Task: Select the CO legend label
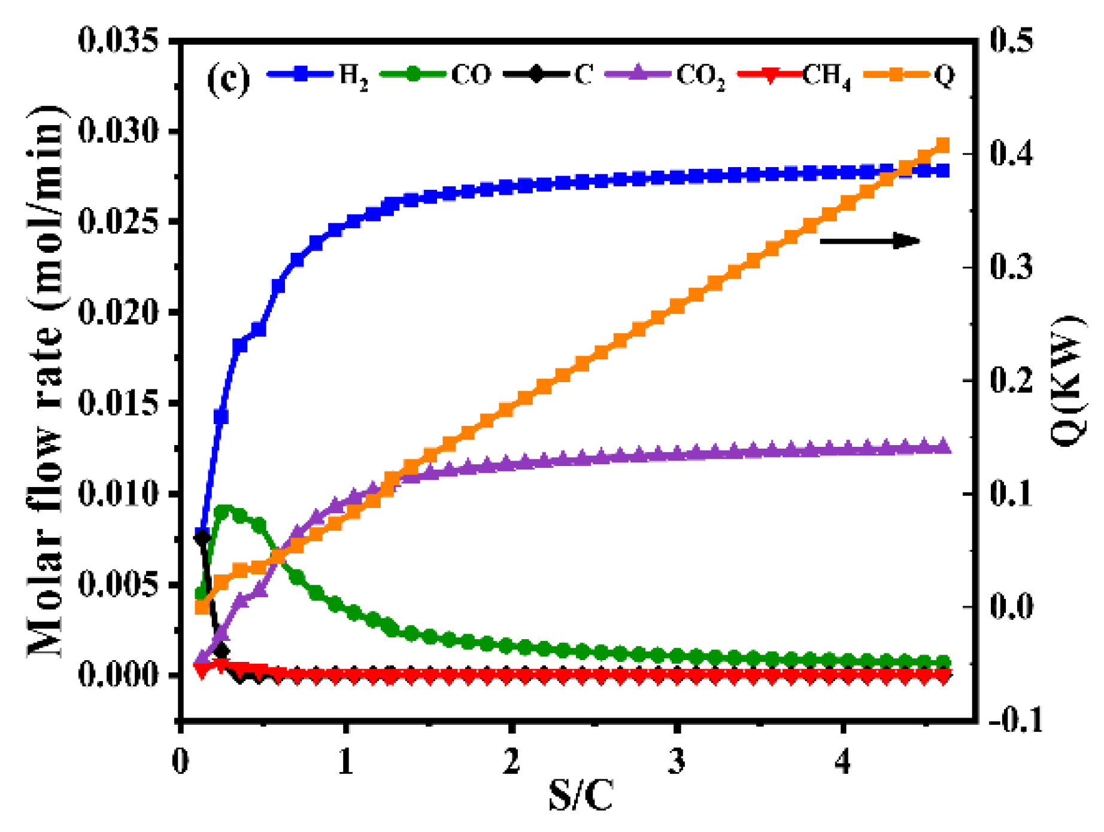pos(471,75)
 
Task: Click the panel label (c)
pos(228,78)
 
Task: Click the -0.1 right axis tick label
pos(1015,720)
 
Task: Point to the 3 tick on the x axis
pos(677,762)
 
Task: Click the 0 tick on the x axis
pos(180,762)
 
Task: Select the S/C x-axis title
pos(580,797)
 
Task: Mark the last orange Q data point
pos(942,146)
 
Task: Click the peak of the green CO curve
pos(223,512)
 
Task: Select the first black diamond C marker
pos(202,537)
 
